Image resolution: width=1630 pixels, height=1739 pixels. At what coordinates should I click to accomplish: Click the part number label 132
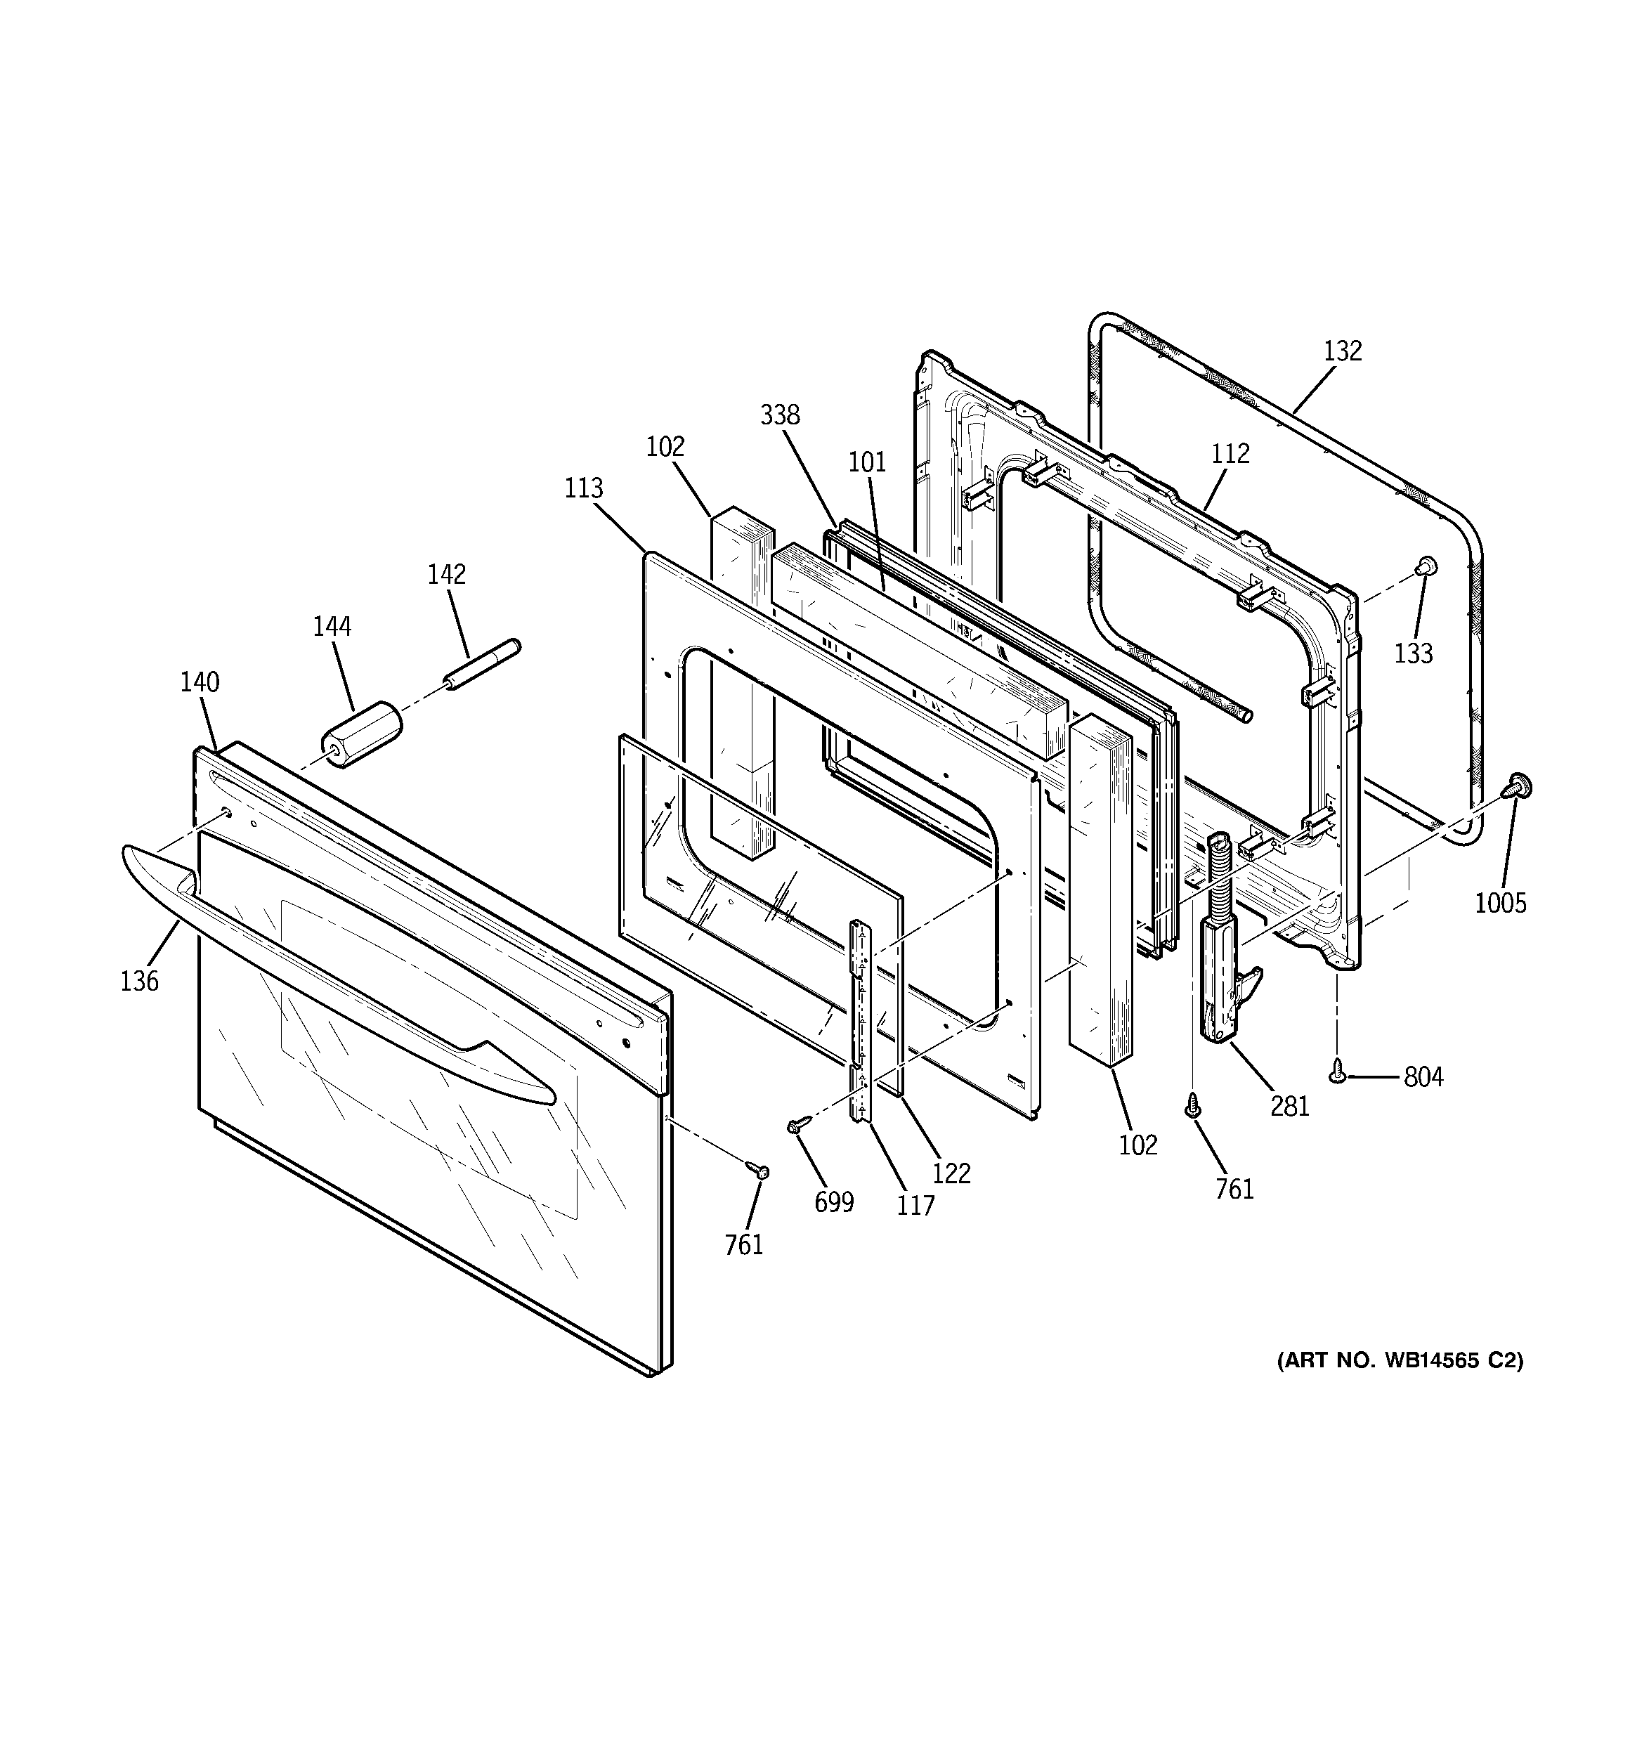[1342, 351]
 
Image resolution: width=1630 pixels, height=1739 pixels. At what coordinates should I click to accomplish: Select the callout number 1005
[1501, 903]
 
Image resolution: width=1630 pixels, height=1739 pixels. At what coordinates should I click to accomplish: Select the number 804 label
[1423, 1077]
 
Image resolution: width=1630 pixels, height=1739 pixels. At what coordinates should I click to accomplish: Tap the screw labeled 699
[797, 1127]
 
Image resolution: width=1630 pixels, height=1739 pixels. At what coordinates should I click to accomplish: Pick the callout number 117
[915, 1206]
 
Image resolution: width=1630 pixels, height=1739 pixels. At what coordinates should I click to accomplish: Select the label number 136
[140, 982]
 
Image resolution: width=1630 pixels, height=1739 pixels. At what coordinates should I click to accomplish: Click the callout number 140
[200, 682]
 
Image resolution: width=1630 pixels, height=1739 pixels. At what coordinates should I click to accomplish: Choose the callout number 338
[780, 415]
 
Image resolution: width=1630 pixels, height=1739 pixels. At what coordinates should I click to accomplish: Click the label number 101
[867, 462]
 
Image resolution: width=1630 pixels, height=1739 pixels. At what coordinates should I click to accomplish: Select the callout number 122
[952, 1173]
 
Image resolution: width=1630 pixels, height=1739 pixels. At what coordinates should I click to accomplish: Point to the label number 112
[1230, 453]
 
